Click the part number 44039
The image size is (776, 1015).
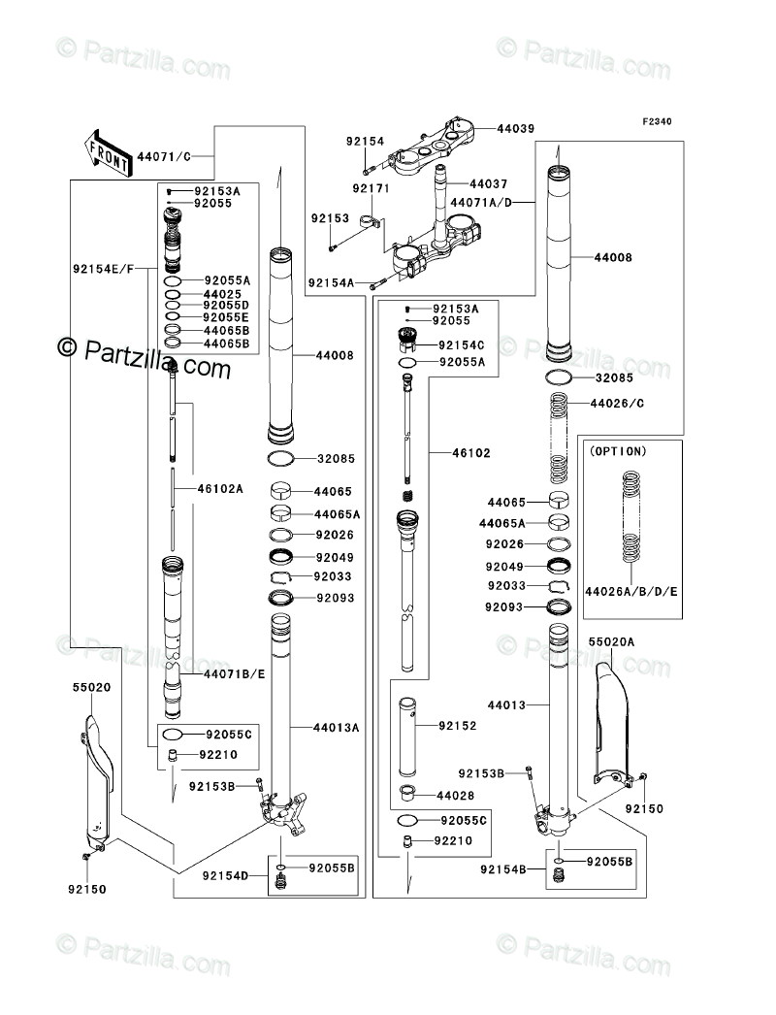pos(516,129)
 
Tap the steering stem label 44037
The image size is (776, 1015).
pos(489,183)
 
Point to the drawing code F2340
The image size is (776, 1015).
pos(657,121)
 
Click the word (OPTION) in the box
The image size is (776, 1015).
pos(618,451)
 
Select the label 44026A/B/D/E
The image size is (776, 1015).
pos(631,591)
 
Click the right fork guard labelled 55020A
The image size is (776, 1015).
pos(612,719)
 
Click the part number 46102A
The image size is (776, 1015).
pos(220,489)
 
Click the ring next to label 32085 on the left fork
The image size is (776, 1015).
pos(281,458)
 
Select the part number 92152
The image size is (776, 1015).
pos(458,726)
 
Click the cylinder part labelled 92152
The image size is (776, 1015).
pos(407,737)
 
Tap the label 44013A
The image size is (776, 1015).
pos(336,728)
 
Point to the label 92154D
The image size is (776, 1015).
pos(225,876)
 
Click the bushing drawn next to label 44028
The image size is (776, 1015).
pos(407,793)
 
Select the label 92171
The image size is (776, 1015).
pos(371,188)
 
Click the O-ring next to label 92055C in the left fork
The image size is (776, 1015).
pos(173,734)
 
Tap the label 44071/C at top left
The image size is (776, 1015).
pos(164,156)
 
